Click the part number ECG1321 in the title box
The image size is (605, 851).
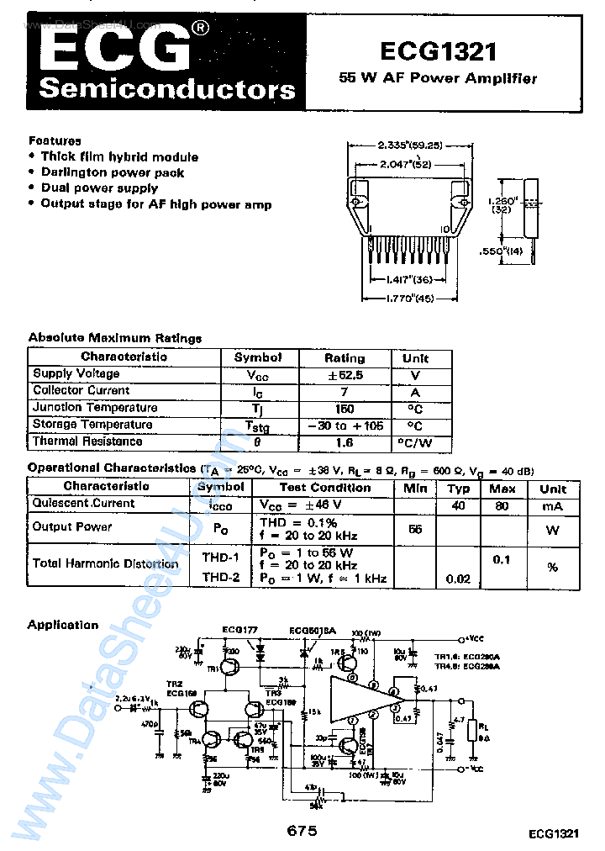click(x=438, y=52)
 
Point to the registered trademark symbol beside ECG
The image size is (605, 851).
click(x=201, y=29)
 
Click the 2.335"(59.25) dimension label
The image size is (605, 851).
click(x=409, y=144)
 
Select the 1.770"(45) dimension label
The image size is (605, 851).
click(x=408, y=298)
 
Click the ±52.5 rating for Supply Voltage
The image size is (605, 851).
click(x=345, y=374)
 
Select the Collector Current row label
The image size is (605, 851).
click(x=82, y=391)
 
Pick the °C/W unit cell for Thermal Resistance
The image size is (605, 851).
click(x=414, y=442)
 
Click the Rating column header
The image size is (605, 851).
click(x=345, y=357)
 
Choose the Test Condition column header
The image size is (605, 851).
click(x=324, y=488)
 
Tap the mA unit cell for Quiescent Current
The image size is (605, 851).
click(x=553, y=506)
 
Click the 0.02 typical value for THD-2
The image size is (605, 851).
click(x=458, y=579)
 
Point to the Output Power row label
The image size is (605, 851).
click(x=72, y=527)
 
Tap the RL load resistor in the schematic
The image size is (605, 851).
click(x=481, y=728)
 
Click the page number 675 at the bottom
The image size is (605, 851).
click(x=302, y=831)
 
